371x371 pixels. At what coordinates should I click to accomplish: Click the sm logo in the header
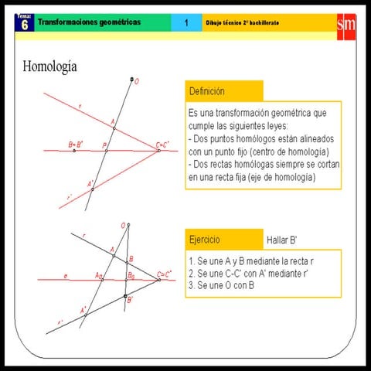click(x=345, y=25)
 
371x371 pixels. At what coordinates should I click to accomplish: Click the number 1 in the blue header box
click(x=186, y=24)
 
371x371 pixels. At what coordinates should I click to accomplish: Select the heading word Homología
click(x=50, y=66)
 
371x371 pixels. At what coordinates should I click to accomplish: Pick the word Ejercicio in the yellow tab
click(x=206, y=237)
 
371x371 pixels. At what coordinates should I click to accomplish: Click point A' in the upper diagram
click(x=93, y=189)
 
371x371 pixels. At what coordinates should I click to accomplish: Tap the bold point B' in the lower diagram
click(x=125, y=295)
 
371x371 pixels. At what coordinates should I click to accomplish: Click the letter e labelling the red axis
click(x=66, y=275)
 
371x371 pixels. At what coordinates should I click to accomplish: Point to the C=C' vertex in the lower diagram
click(x=158, y=279)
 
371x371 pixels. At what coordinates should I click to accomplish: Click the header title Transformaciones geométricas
click(x=89, y=23)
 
